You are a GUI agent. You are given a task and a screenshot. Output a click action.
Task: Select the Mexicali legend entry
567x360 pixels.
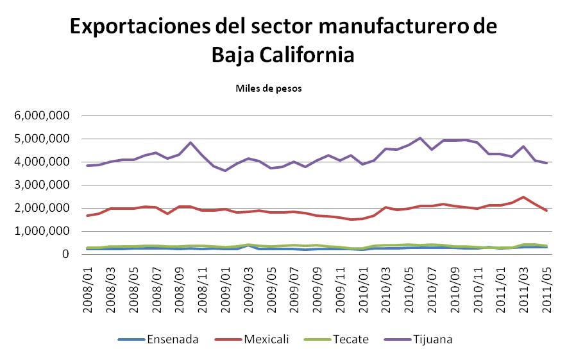[259, 339]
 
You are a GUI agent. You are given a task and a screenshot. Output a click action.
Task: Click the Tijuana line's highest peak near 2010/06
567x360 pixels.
[419, 138]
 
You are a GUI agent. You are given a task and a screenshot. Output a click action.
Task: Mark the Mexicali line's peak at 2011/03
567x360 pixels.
[523, 197]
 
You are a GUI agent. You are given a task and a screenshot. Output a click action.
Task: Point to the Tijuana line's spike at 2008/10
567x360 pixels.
[190, 142]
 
